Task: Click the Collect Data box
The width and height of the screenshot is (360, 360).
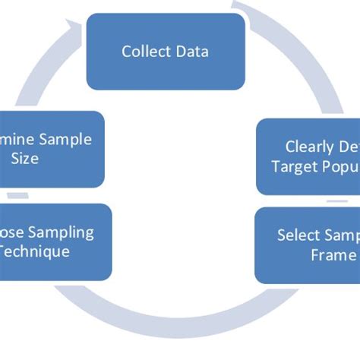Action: pyautogui.click(x=166, y=52)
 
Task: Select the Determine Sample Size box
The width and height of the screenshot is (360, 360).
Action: pyautogui.click(x=52, y=150)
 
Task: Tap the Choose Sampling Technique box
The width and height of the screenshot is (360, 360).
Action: pyautogui.click(x=55, y=242)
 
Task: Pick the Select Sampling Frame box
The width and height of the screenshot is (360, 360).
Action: pyautogui.click(x=307, y=245)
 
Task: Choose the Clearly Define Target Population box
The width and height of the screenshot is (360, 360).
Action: pyautogui.click(x=308, y=156)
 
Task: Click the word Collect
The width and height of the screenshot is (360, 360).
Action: pyautogui.click(x=145, y=52)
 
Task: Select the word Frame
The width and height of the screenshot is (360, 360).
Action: pyautogui.click(x=333, y=255)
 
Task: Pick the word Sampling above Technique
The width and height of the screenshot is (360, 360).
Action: pyautogui.click(x=67, y=232)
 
